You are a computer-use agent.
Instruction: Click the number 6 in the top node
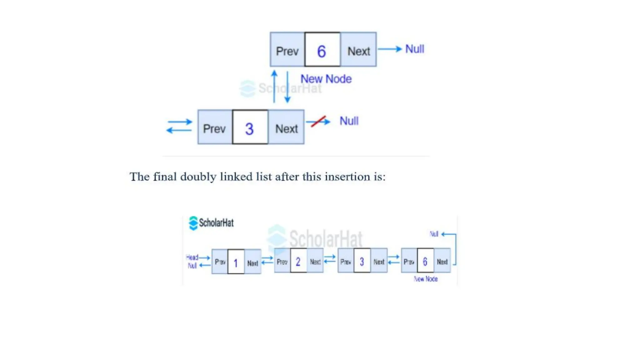(x=322, y=51)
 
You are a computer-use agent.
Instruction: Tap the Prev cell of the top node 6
(x=287, y=51)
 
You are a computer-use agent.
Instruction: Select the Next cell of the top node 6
(x=359, y=51)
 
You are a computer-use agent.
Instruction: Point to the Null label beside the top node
(x=415, y=49)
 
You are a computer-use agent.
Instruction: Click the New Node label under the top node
(x=326, y=79)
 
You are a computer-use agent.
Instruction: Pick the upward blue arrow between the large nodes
(x=274, y=86)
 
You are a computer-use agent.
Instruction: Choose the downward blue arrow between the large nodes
(x=287, y=87)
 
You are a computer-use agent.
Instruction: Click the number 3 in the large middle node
(x=249, y=129)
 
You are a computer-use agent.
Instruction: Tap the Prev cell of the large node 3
(x=214, y=129)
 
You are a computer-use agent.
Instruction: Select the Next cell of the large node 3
(x=286, y=129)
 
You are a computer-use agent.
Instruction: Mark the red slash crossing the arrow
(x=318, y=122)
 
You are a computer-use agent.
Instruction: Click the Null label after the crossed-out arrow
(x=349, y=121)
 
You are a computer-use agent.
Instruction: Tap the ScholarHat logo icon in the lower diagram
(x=193, y=223)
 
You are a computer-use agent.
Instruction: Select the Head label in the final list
(x=192, y=257)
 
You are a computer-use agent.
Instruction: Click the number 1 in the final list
(x=236, y=263)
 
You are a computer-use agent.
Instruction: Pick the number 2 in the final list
(x=298, y=262)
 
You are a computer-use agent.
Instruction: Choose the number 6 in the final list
(x=425, y=262)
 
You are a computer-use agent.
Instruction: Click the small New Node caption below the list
(x=426, y=279)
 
